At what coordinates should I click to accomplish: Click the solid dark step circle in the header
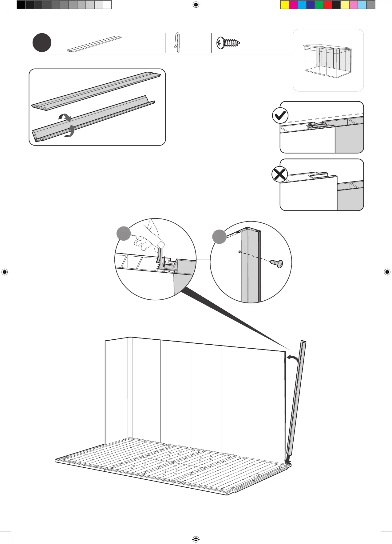click(x=42, y=43)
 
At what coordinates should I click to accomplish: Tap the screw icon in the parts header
click(x=228, y=43)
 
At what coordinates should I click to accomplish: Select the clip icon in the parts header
click(x=177, y=43)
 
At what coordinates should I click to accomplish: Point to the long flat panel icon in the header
click(x=94, y=44)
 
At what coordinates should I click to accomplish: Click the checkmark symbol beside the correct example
click(x=280, y=116)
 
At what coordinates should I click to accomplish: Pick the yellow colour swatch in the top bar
click(x=285, y=5)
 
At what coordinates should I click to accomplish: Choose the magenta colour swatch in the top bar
click(x=293, y=5)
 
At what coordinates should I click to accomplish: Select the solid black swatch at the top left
click(x=21, y=5)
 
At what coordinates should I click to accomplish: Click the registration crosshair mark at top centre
click(x=196, y=5)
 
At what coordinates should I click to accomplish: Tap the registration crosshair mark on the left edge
click(x=5, y=272)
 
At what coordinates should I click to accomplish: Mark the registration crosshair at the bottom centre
click(x=196, y=539)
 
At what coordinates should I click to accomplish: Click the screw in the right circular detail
click(x=277, y=263)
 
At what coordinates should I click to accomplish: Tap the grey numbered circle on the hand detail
click(x=124, y=234)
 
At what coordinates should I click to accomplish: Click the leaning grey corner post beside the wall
click(x=296, y=400)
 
